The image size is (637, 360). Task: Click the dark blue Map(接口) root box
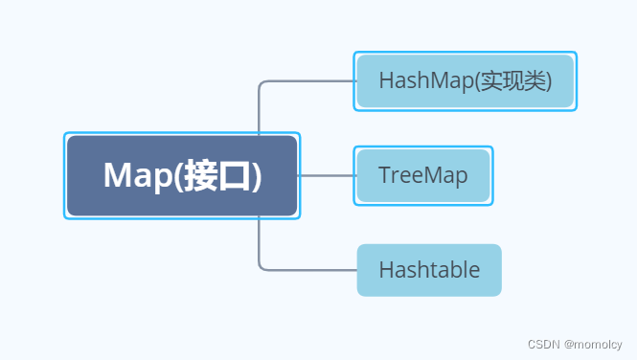tap(181, 175)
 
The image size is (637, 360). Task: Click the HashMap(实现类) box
tap(466, 80)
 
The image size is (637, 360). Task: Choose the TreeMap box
tap(422, 175)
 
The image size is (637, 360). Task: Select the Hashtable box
tap(429, 270)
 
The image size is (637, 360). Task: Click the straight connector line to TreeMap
tap(327, 175)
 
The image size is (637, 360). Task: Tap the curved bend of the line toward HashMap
tap(262, 85)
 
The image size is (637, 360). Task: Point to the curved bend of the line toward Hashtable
tap(262, 265)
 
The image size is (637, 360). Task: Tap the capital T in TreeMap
tap(385, 175)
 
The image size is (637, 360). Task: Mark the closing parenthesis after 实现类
tap(548, 81)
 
